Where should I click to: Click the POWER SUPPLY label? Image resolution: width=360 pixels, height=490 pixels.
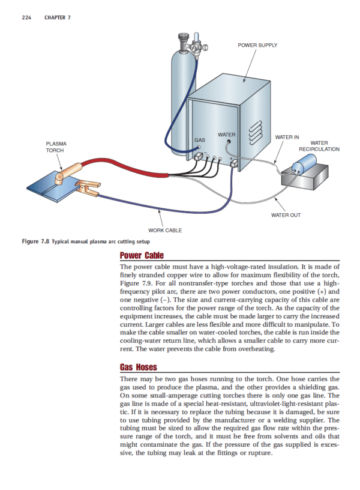pos(257,44)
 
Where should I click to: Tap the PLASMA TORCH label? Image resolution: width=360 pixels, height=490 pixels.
pos(56,147)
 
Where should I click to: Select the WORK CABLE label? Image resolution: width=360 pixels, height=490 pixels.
pos(165,229)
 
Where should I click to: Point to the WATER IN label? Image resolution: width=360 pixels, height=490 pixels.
pos(287,138)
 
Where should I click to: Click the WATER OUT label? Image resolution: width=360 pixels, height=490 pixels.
pos(286,214)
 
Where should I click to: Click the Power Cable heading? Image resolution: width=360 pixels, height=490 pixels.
pos(142,255)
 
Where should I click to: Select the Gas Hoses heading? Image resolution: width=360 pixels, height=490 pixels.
pos(140,367)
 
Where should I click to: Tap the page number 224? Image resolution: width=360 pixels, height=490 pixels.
pos(26,17)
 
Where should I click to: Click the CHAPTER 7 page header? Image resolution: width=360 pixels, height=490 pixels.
pos(58,17)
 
